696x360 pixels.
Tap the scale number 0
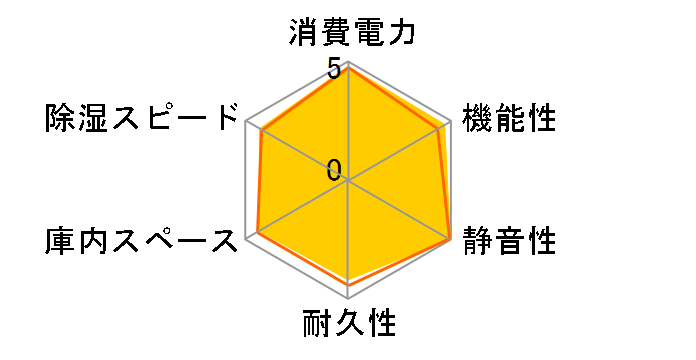point(333,169)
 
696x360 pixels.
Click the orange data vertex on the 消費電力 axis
point(348,69)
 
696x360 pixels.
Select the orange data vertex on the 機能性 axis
point(441,127)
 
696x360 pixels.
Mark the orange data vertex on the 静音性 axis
point(450,240)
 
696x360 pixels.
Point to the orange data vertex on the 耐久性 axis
point(348,285)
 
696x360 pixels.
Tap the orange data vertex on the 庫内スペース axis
point(258,232)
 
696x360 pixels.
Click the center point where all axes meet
point(348,181)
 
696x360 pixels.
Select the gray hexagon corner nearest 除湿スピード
point(247,122)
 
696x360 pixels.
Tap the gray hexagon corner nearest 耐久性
point(348,298)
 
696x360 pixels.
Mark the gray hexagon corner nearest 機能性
point(450,122)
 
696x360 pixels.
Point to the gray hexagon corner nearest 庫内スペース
point(247,239)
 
